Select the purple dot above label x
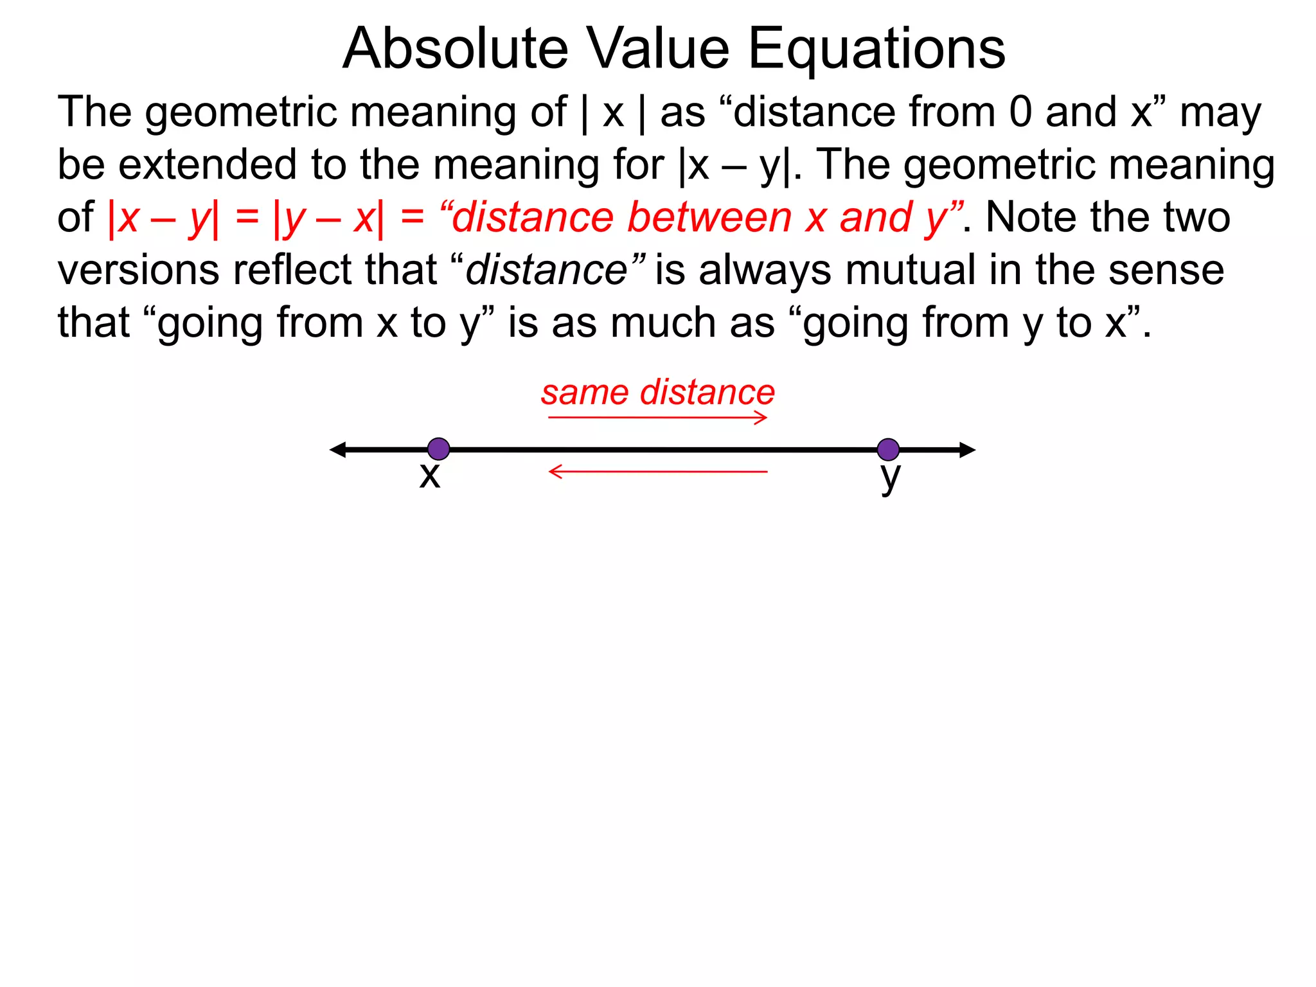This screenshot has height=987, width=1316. tap(438, 449)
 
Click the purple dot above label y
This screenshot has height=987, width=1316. tap(888, 449)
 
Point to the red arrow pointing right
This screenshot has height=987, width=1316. tap(657, 418)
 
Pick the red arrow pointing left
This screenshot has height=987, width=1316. tap(657, 472)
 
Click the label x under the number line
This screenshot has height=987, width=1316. tap(429, 476)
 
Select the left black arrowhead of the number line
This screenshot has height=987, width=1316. tap(338, 450)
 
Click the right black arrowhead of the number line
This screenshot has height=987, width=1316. tap(967, 450)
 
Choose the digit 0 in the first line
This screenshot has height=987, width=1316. tap(1020, 112)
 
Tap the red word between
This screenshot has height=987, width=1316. tap(709, 217)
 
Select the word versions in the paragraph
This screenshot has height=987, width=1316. tap(138, 270)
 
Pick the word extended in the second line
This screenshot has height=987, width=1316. tap(208, 164)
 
